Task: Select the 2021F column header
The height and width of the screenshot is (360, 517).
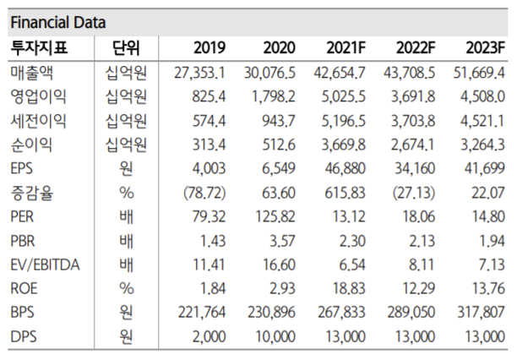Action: tap(344, 47)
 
